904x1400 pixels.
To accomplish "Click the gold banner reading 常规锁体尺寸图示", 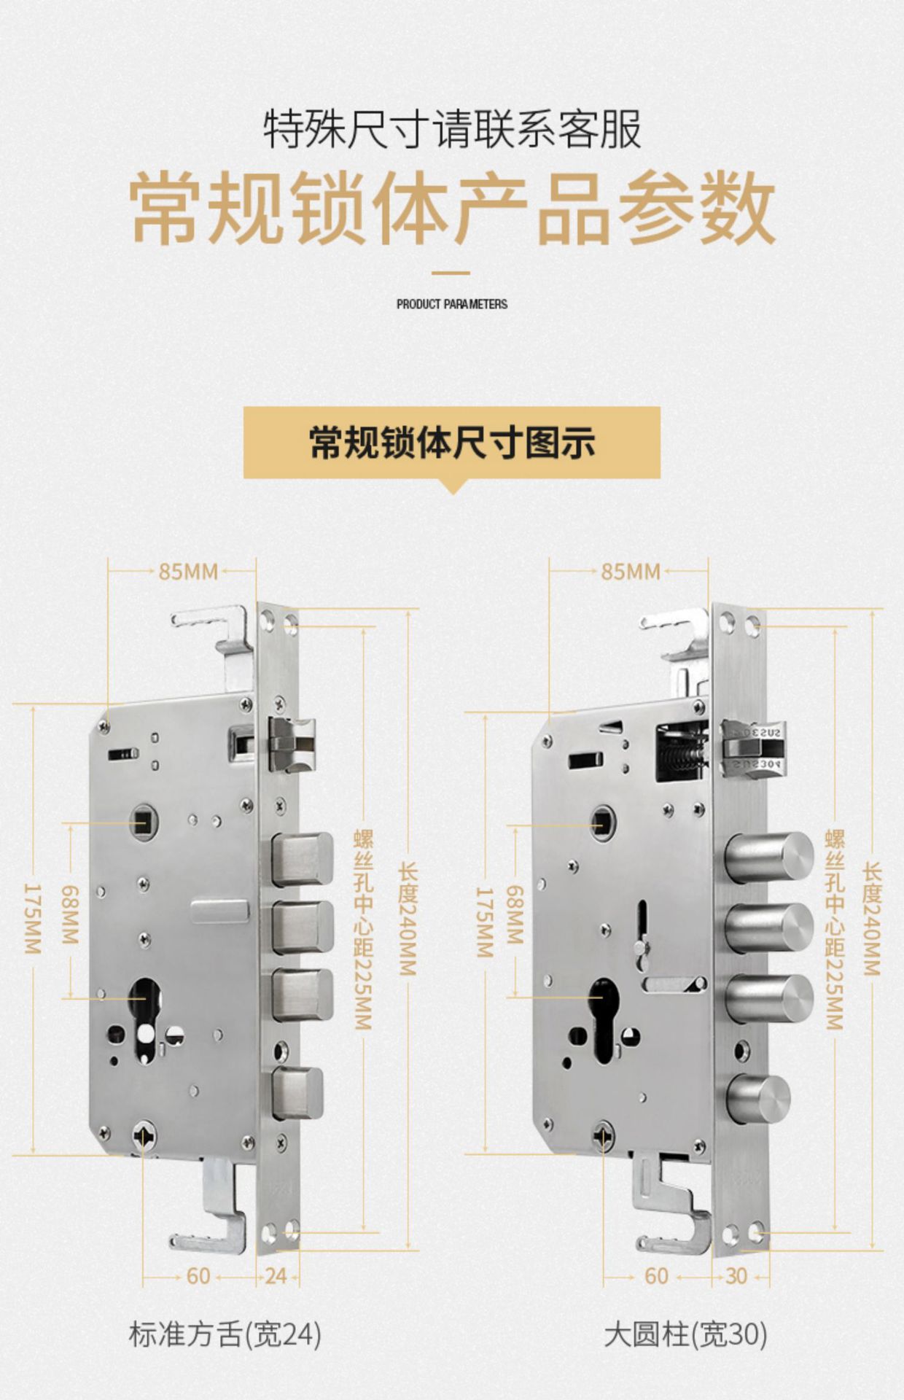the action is coord(452,443).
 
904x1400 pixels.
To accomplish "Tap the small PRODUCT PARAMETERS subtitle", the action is coord(452,304).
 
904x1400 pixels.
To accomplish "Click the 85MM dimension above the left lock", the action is coord(188,572).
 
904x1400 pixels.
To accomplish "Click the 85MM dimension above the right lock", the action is coord(631,572).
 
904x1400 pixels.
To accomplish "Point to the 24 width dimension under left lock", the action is coord(276,1276).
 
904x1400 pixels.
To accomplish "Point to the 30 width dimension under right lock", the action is coord(736,1276).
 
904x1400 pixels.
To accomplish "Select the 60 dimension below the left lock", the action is coord(198,1276).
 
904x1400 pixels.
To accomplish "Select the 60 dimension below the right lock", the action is coord(656,1276).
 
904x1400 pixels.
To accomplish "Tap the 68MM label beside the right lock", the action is coord(515,915).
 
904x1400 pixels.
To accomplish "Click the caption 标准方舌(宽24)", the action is coord(225,1334).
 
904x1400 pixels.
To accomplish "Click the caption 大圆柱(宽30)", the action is coord(685,1334).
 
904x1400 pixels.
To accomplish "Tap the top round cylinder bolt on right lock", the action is coord(771,857).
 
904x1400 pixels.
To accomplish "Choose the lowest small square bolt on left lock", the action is coord(297,1092).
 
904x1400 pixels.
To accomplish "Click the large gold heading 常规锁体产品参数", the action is coord(452,208).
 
